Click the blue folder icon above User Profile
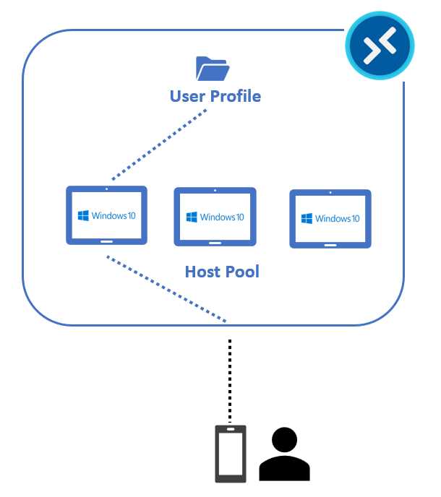coord(213,69)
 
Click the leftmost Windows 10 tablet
coord(106,215)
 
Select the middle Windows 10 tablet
coord(215,217)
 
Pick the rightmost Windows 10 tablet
coord(330,219)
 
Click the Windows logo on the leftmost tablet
coord(83,215)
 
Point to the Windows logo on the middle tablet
coord(192,217)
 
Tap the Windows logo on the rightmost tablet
coord(307,219)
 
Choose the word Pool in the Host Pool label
coord(242,272)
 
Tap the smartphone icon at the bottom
coord(231,453)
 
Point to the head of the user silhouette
coord(285,440)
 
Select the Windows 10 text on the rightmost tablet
coord(338,219)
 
